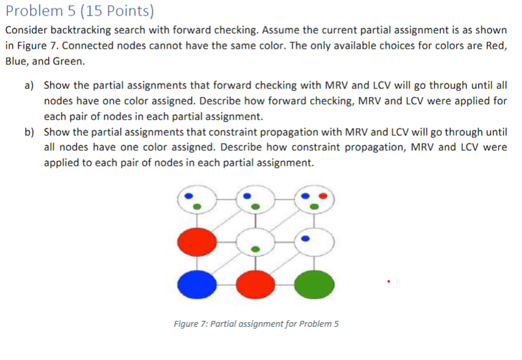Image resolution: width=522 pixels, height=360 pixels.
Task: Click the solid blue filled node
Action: pos(194,283)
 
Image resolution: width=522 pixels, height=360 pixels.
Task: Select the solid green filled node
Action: pos(316,283)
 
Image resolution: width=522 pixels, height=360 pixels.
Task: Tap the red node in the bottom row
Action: pos(255,283)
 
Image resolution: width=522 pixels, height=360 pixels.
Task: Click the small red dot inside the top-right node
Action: pos(323,196)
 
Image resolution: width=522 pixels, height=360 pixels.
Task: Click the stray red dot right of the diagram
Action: pos(388,281)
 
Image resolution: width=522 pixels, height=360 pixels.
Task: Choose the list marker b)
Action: pos(29,132)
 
